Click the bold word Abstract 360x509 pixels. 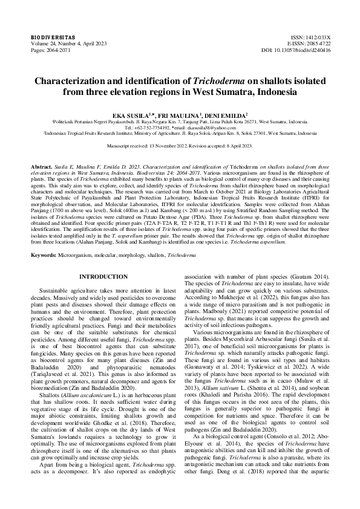coord(41,165)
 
